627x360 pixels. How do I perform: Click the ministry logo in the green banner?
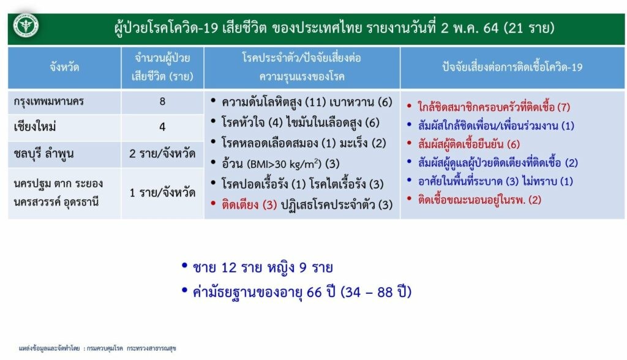tap(26, 26)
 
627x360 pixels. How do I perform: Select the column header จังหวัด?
tap(64, 67)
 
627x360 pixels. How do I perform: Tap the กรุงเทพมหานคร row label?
tap(48, 101)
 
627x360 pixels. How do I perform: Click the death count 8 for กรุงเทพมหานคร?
tap(162, 101)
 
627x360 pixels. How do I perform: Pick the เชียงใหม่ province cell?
tap(35, 127)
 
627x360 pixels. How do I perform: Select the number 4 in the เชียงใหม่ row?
tap(162, 127)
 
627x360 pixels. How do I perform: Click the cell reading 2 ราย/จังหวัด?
tap(162, 153)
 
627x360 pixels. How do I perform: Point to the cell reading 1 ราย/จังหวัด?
tap(162, 193)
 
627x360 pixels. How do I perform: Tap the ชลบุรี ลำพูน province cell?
tap(43, 154)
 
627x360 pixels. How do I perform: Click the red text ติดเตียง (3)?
tap(249, 205)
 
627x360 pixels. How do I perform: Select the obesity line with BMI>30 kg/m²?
tap(280, 163)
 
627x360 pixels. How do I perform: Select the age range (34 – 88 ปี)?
tap(376, 292)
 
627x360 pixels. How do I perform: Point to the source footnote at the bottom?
tap(97, 348)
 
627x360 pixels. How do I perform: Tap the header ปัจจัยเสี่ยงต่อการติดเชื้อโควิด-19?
tap(512, 67)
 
